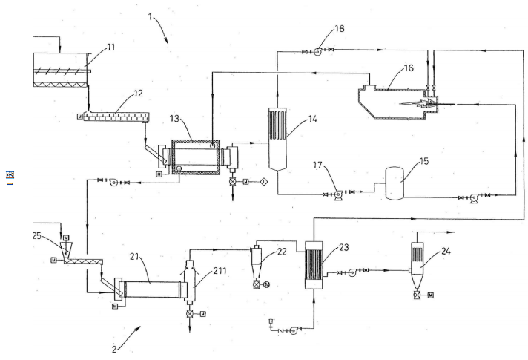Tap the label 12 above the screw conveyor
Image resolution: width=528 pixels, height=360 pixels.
pos(139,94)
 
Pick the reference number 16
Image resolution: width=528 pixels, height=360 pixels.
pos(408,68)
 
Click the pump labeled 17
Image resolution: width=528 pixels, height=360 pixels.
pos(337,194)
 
